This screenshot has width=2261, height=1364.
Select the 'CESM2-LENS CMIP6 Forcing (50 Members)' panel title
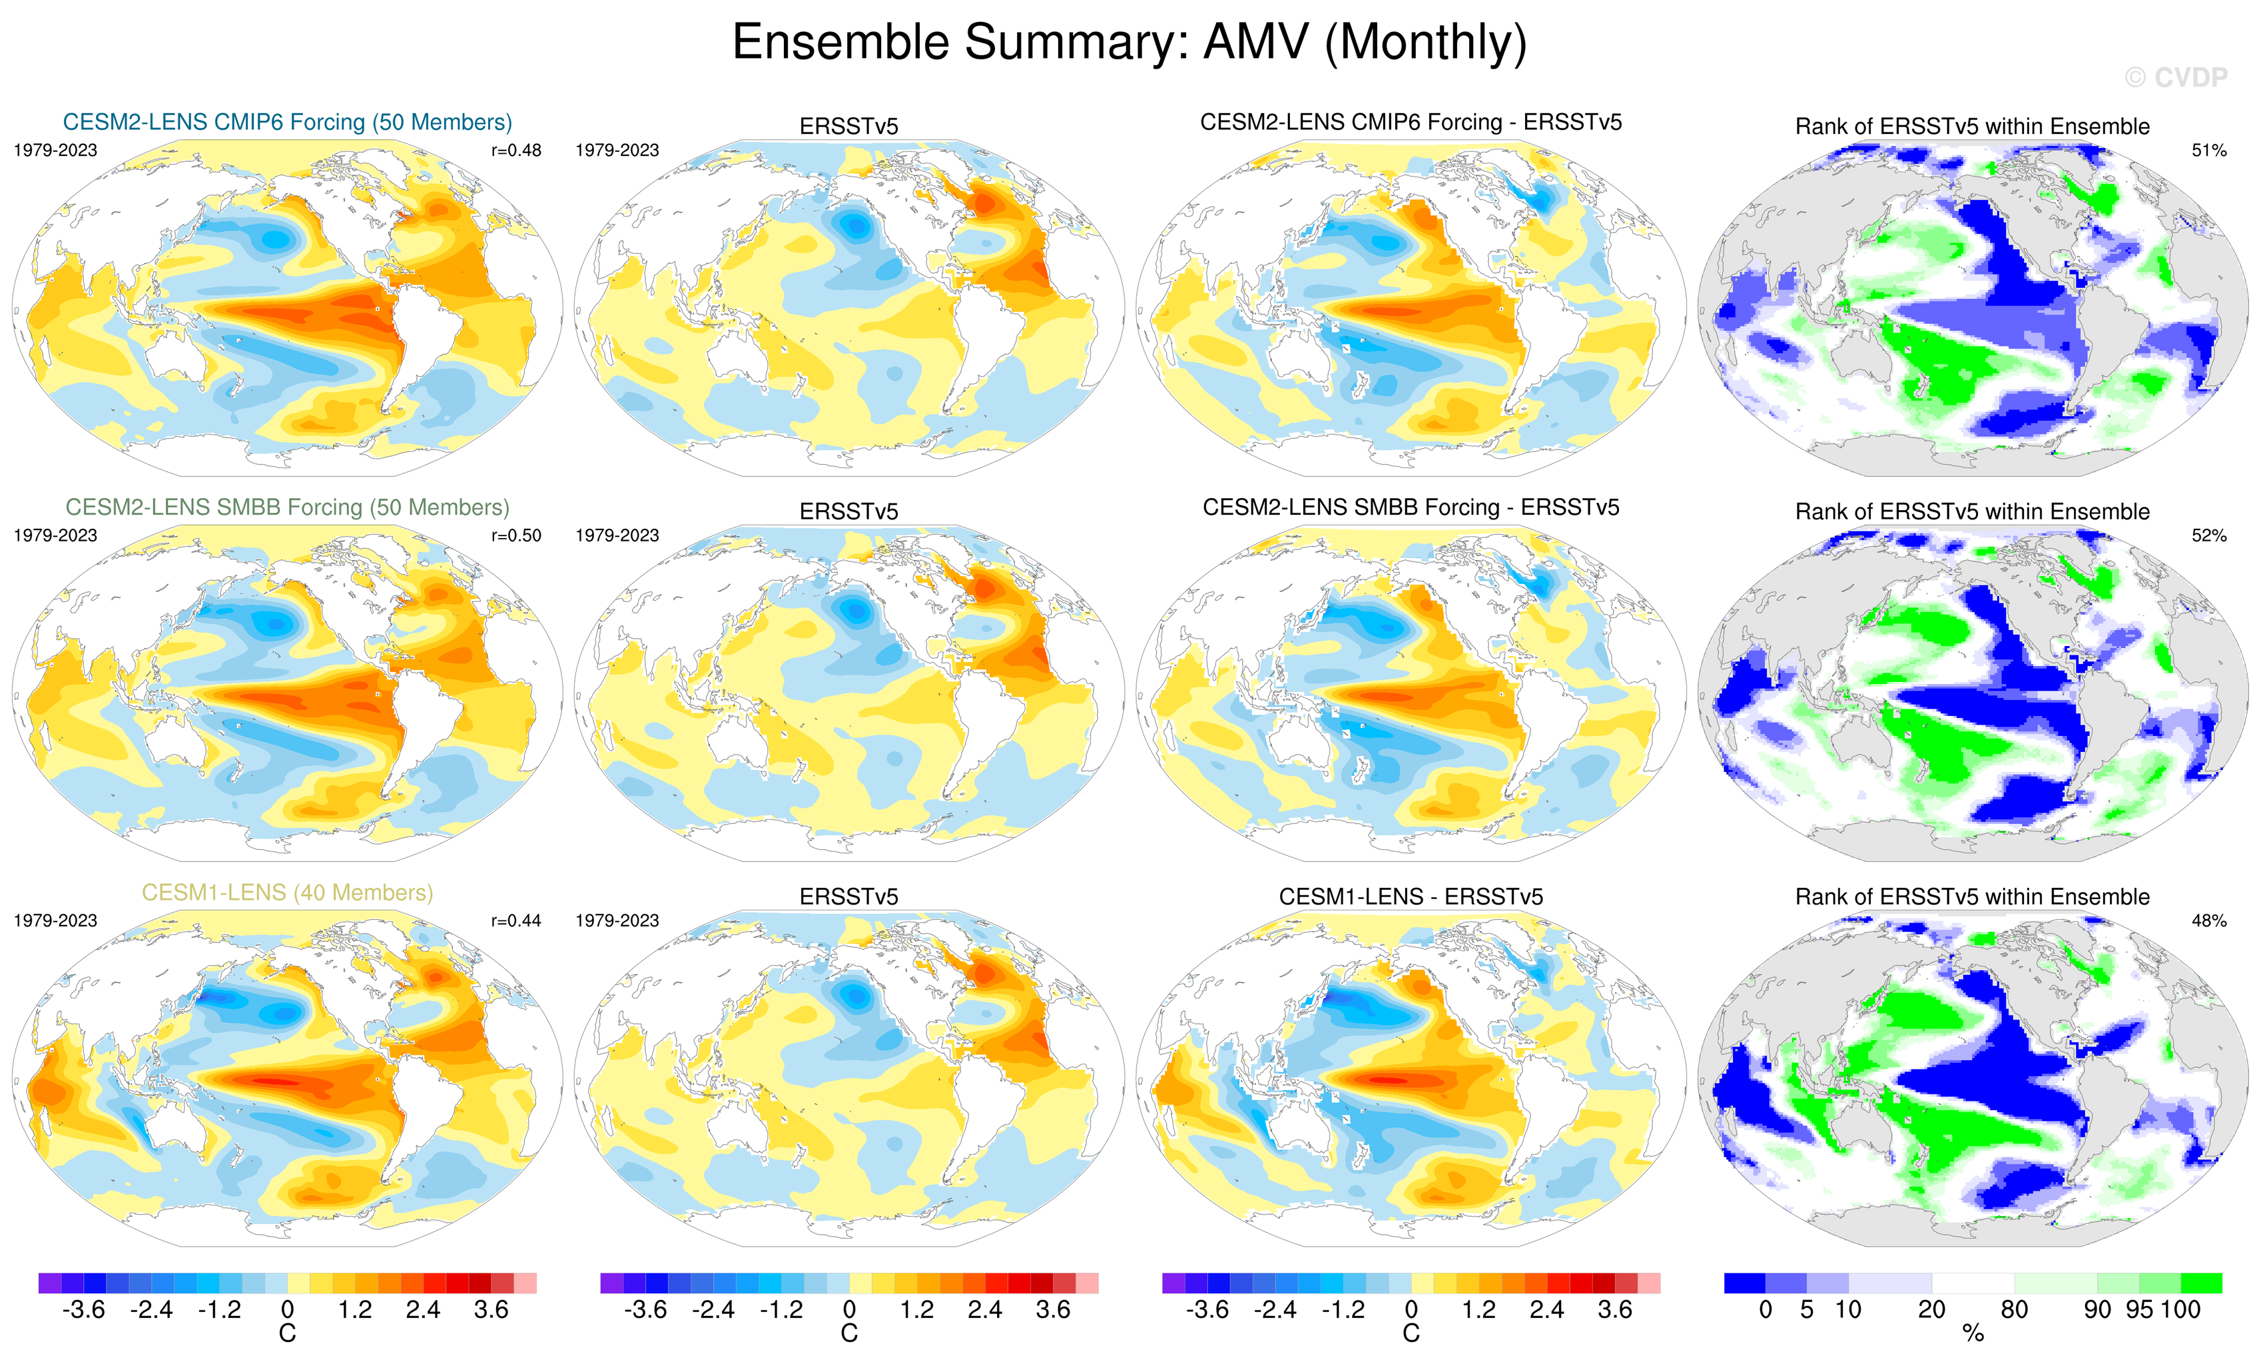point(287,122)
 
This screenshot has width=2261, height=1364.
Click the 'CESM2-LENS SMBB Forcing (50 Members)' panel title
point(287,508)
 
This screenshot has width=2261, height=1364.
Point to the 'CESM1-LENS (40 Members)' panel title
point(287,892)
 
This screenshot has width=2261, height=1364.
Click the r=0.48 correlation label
point(515,151)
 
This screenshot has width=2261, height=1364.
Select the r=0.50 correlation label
point(515,535)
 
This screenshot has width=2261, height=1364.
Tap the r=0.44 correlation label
point(515,920)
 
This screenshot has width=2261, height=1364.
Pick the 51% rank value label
point(2208,151)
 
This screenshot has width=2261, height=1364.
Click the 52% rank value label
point(2208,535)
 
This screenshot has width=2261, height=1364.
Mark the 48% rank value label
point(2208,920)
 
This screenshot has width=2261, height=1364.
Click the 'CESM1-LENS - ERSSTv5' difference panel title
point(1411,896)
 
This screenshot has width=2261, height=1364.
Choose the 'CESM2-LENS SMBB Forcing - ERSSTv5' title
point(1411,508)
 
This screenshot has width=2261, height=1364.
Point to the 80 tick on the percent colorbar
point(2014,1310)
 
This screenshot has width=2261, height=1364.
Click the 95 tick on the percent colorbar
point(2139,1310)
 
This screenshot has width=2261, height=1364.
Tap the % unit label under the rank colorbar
point(1973,1334)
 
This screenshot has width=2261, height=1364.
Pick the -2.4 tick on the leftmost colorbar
point(151,1310)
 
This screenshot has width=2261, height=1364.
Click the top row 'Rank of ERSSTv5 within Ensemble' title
point(1972,127)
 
